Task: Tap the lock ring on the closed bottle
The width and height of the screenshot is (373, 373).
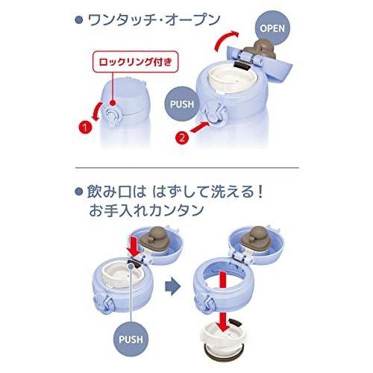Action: pos(111,116)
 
